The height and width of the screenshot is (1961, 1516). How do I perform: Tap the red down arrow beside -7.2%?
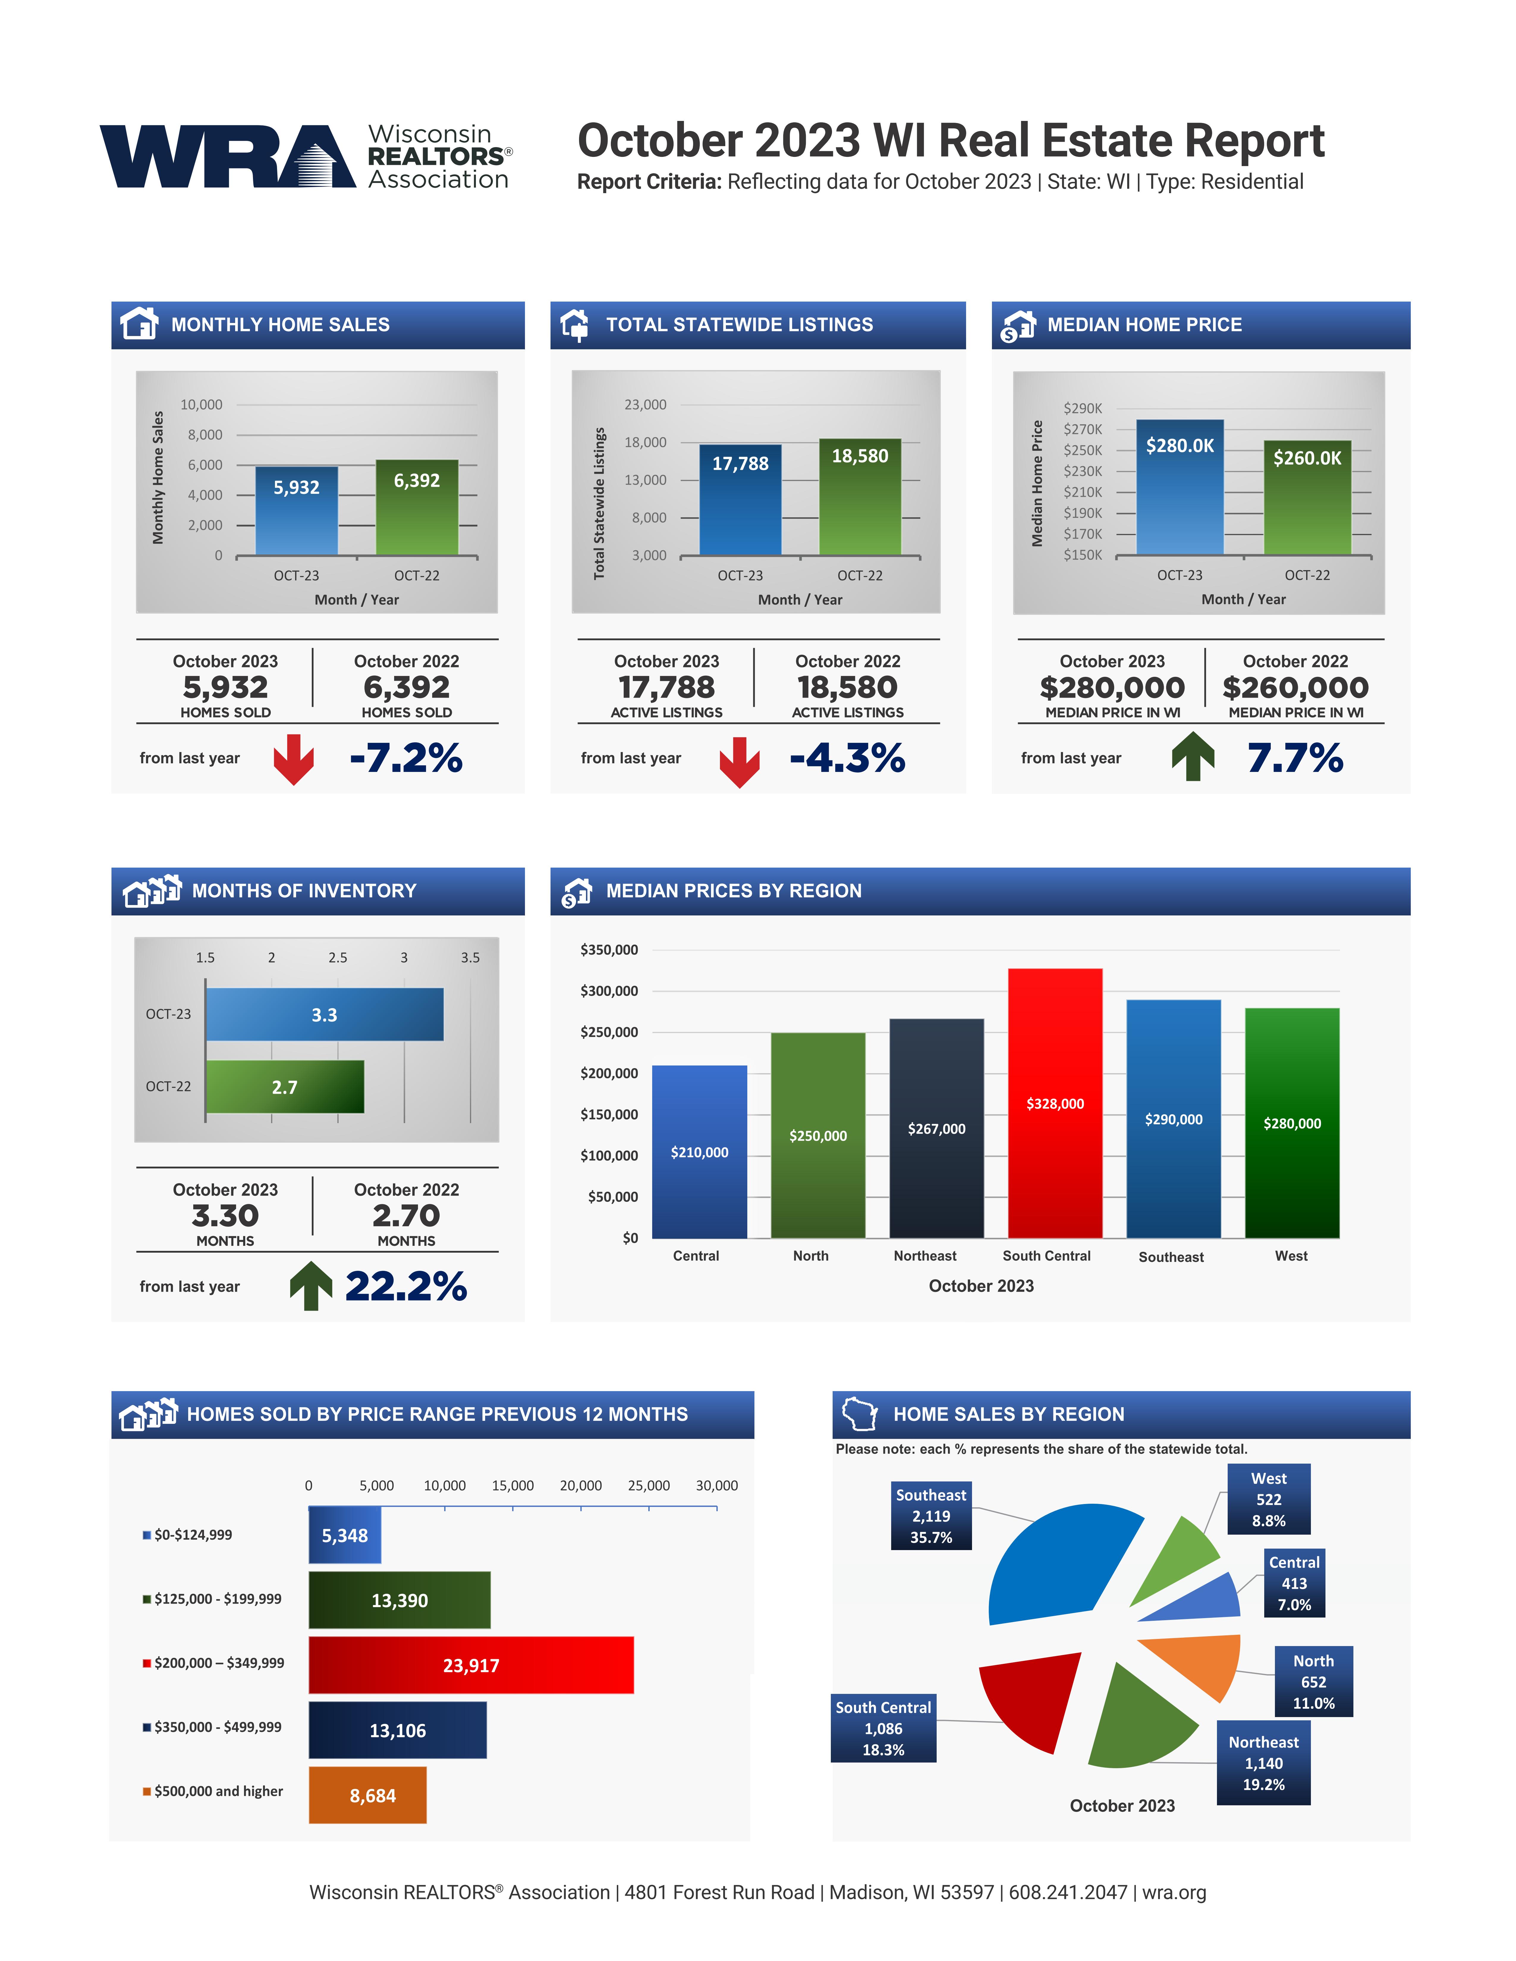pyautogui.click(x=294, y=759)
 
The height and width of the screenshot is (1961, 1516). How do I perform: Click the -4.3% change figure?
pyautogui.click(x=847, y=758)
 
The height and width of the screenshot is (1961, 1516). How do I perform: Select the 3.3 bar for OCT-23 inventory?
pyautogui.click(x=324, y=1015)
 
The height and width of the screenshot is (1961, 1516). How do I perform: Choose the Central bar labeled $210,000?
pyautogui.click(x=700, y=1152)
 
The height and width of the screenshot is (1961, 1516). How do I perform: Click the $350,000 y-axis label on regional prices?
pyautogui.click(x=609, y=950)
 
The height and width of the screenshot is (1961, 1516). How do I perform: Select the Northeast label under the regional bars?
pyautogui.click(x=925, y=1256)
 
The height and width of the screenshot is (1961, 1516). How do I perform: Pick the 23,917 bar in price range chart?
pyautogui.click(x=471, y=1666)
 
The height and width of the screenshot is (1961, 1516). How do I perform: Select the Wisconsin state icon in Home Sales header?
pyautogui.click(x=859, y=1414)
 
